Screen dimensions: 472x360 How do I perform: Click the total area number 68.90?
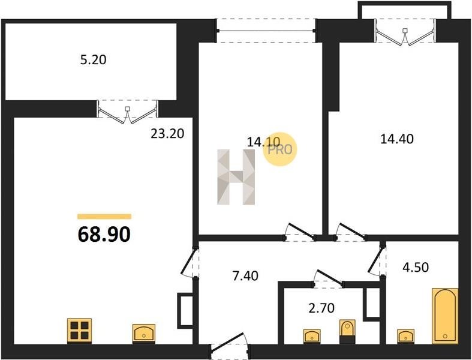point(104,235)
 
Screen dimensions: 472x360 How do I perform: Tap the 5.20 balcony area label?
point(94,60)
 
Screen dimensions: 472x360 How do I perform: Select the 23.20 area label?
point(167,133)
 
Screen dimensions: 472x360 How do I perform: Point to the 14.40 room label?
point(397,139)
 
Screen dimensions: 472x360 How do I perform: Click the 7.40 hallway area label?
point(245,276)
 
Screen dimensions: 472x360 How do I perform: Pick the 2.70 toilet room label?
point(321,308)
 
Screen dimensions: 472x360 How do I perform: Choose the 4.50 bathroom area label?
point(416,267)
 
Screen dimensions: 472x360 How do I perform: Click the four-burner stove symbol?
point(80,331)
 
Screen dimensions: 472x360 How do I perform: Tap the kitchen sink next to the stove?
point(144,333)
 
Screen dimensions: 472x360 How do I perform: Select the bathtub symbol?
point(445,316)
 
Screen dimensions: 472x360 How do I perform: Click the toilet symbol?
point(347,331)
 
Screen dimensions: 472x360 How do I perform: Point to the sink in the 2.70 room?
point(312,335)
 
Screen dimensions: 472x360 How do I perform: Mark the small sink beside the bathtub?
point(406,335)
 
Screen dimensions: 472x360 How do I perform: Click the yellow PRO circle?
point(280,149)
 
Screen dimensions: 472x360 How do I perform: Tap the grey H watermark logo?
point(236,177)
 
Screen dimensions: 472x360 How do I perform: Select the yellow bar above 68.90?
point(104,217)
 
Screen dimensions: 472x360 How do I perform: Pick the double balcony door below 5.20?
point(127,112)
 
